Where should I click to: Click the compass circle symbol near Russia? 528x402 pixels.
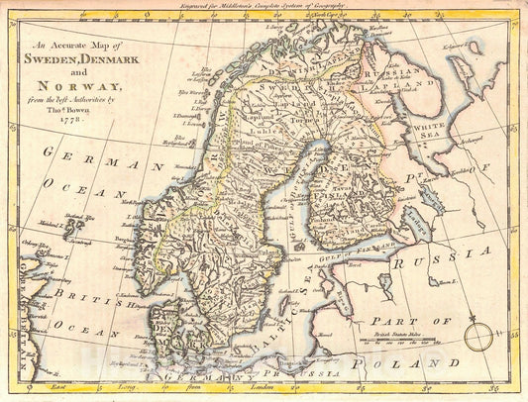point(478,339)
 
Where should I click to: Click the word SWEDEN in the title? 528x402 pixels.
point(65,55)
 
